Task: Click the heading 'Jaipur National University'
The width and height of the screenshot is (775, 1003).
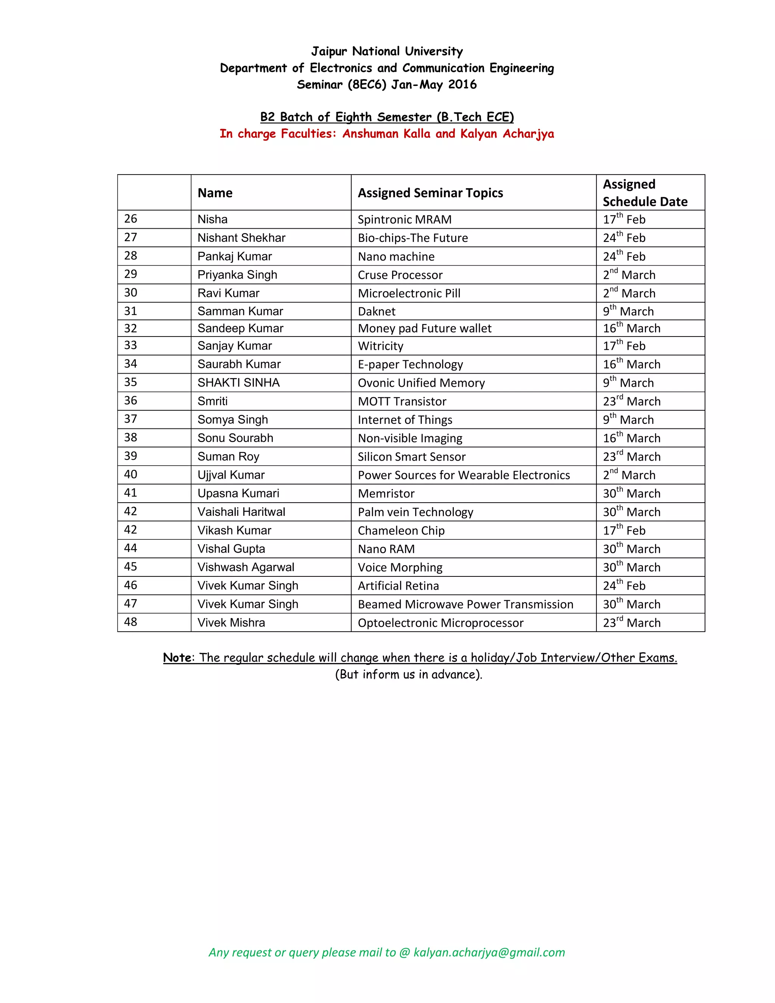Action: [x=387, y=51]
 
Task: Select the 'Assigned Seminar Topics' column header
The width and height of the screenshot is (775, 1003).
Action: [x=430, y=193]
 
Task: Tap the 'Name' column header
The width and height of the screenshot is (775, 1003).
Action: [x=215, y=193]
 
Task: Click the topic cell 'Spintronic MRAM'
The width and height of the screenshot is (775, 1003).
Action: [x=405, y=220]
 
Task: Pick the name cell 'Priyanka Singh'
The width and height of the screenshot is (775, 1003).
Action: [x=237, y=275]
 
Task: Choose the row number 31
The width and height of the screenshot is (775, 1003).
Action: [x=131, y=311]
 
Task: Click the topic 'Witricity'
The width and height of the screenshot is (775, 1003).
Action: [x=381, y=346]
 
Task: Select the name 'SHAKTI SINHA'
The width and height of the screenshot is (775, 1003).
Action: [x=238, y=383]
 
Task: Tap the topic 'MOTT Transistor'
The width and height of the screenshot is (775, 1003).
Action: [x=402, y=401]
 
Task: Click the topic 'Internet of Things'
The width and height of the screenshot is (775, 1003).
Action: [x=405, y=420]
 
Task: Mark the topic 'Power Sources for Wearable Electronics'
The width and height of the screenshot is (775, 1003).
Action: [x=464, y=475]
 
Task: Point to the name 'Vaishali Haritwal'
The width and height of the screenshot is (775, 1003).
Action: [x=241, y=512]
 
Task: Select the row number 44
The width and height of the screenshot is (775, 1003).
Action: [x=131, y=548]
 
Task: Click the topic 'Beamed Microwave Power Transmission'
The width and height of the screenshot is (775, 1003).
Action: [x=465, y=604]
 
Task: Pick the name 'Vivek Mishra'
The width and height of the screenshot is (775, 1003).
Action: [x=231, y=623]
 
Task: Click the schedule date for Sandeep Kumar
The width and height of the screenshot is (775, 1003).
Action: [x=631, y=329]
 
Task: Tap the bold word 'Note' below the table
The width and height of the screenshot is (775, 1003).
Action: [x=177, y=658]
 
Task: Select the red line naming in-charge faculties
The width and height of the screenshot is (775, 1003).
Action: [x=387, y=134]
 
